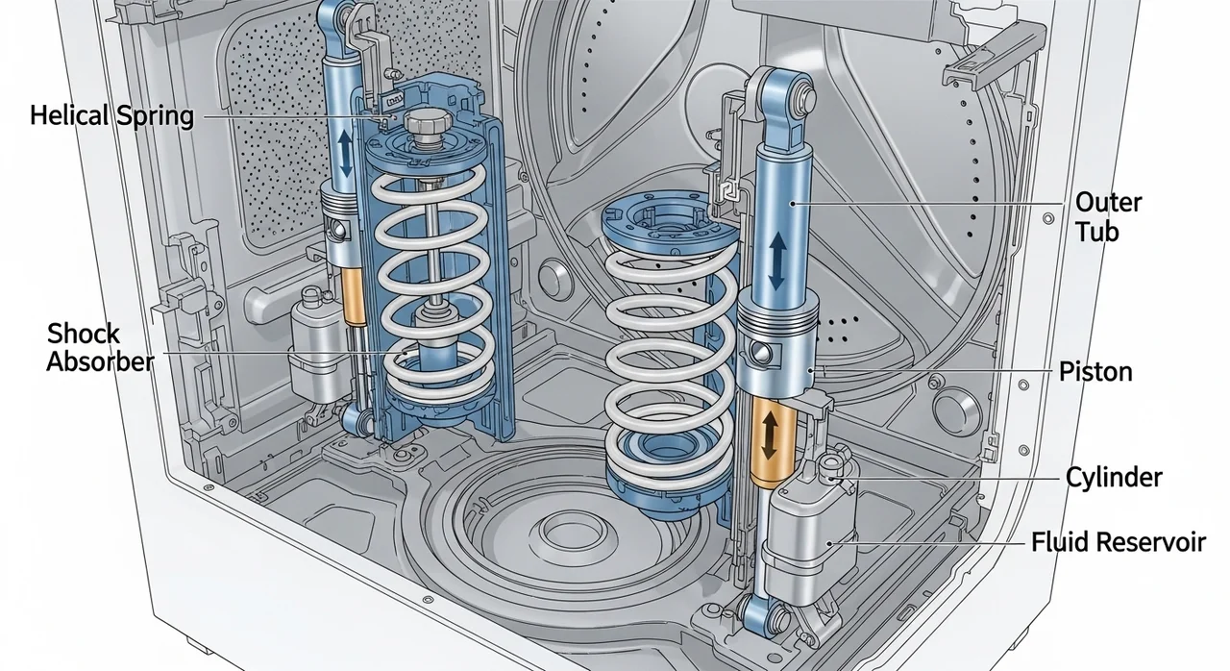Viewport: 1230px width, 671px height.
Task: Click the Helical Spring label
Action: point(111,116)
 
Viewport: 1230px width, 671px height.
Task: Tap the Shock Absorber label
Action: point(100,348)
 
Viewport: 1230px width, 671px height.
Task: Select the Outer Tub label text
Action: point(1108,217)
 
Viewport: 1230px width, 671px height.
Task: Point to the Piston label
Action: point(1095,372)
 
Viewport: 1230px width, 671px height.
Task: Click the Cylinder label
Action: point(1114,477)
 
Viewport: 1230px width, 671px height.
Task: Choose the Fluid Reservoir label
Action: point(1119,542)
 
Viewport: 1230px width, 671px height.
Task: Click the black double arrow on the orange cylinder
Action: point(770,435)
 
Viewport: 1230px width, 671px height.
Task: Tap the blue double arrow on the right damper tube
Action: point(777,261)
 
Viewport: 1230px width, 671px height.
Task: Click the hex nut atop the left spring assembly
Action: point(424,121)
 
